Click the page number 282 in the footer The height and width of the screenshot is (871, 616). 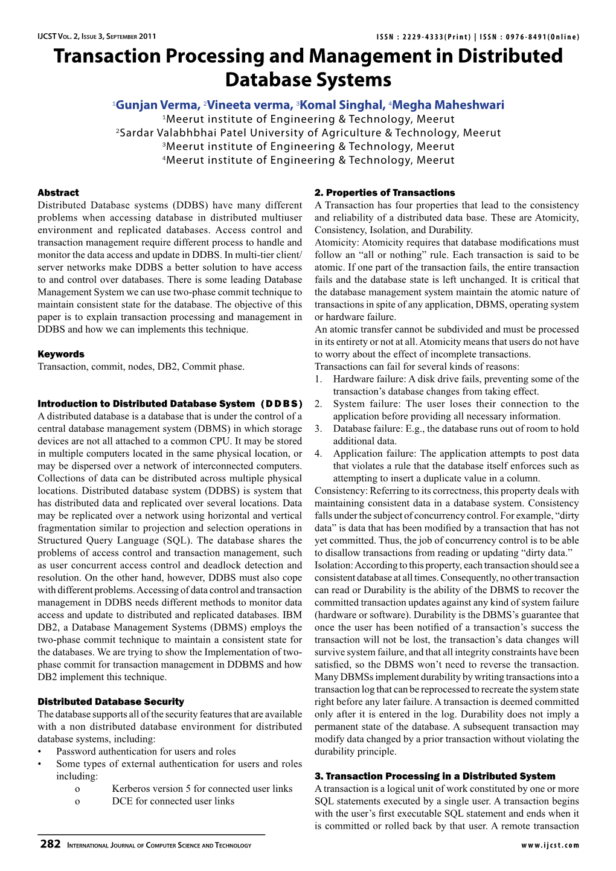point(50,844)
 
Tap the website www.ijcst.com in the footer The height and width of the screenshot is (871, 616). point(550,846)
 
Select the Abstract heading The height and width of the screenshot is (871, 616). point(58,193)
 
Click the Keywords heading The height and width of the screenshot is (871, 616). point(61,354)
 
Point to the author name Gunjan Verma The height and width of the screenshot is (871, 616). point(157,105)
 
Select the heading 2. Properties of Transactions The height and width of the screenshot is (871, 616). point(385,193)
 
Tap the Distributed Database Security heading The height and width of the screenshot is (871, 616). point(111,702)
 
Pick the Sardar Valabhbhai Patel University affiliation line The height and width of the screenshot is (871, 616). point(309,133)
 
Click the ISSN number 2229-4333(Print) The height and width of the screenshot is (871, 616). point(432,37)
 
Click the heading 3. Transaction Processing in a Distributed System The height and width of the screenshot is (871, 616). point(435,776)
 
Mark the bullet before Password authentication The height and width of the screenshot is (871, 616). point(39,752)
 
